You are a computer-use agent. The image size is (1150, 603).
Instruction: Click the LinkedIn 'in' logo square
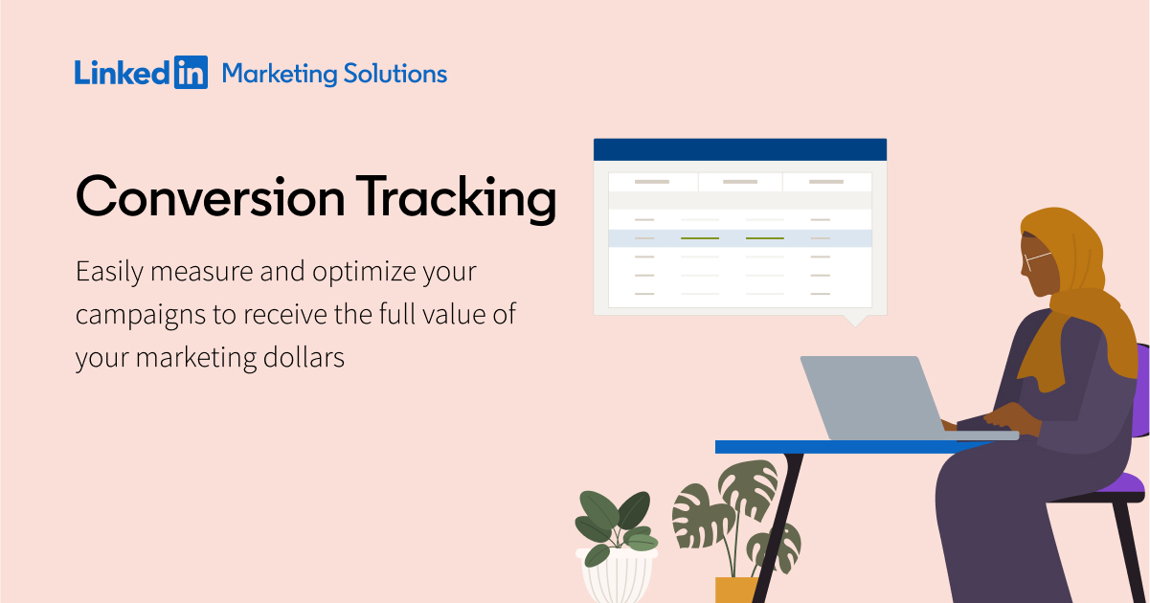click(191, 74)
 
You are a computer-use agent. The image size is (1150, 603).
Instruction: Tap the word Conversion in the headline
click(210, 198)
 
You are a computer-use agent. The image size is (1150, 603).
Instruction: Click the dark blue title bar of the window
click(739, 149)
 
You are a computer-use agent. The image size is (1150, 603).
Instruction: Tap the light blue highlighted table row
click(739, 237)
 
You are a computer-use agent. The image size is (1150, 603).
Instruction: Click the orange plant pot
click(735, 589)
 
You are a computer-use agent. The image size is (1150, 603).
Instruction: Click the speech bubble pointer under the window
click(853, 321)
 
